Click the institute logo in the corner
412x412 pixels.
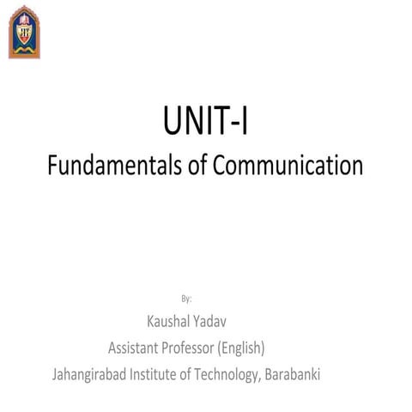[x=24, y=31]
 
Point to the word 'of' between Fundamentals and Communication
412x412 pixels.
[x=191, y=164]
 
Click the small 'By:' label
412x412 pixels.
[x=186, y=299]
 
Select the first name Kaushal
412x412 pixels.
[x=169, y=323]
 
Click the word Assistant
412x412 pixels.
[x=135, y=348]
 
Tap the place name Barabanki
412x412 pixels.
[x=293, y=375]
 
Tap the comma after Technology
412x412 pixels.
[x=261, y=380]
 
